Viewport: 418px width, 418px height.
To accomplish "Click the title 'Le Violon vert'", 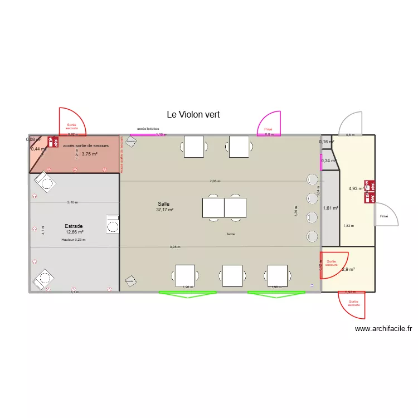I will click(193, 114).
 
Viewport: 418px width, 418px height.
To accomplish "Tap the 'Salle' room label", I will click(163, 204).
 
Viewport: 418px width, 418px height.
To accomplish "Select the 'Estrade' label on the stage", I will click(74, 226).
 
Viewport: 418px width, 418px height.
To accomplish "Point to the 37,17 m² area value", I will click(165, 210).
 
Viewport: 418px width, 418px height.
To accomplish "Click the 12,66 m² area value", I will click(74, 232).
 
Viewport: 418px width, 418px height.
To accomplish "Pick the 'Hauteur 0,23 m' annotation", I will click(74, 240).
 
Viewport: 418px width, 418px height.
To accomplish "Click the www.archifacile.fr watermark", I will click(383, 329).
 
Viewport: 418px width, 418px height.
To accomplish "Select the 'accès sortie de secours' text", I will click(86, 145).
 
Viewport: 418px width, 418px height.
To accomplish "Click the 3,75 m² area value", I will click(89, 154).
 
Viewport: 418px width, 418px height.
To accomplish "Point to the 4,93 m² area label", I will click(356, 188).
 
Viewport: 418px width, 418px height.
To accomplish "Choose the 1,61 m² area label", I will click(330, 208).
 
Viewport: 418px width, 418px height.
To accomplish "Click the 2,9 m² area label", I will click(348, 270).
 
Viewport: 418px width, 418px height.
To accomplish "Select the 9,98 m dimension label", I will click(175, 247).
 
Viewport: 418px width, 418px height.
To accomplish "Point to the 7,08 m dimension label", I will click(215, 181).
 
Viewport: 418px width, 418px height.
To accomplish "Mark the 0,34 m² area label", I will click(330, 161).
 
